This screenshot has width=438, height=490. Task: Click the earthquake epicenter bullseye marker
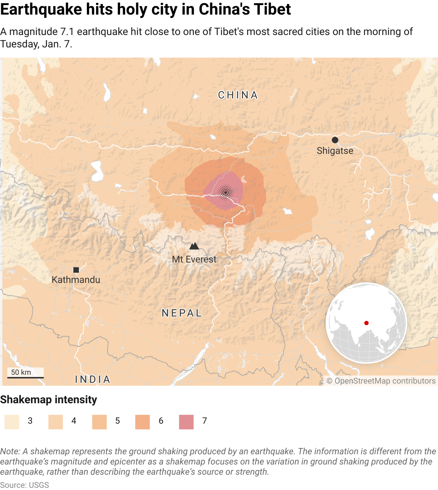pos(226,192)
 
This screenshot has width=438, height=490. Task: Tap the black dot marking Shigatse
pos(335,140)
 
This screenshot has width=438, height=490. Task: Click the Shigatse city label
pos(335,151)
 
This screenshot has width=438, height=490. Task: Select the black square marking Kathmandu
pos(76,270)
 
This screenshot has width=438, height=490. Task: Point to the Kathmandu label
pos(76,280)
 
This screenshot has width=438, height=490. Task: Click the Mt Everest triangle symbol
pos(194,246)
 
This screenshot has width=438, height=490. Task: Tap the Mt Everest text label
pos(194,259)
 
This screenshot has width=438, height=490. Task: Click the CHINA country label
pos(238,95)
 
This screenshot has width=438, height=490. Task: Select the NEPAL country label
pos(182,313)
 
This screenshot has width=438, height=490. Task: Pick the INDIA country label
pos(93,380)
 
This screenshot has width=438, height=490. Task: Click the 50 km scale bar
pos(26,377)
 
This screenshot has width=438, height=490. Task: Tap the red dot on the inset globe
pos(366,323)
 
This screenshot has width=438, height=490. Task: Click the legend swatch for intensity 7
pos(186,422)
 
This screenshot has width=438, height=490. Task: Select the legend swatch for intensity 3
pos(12,422)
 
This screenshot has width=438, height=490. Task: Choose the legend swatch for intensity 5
pos(99,422)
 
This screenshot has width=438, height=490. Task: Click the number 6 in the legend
pos(161,421)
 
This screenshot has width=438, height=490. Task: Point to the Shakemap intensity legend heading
pos(49,400)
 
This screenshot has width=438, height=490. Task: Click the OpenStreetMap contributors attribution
pos(381,381)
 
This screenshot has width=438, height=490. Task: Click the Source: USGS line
pos(24,485)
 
